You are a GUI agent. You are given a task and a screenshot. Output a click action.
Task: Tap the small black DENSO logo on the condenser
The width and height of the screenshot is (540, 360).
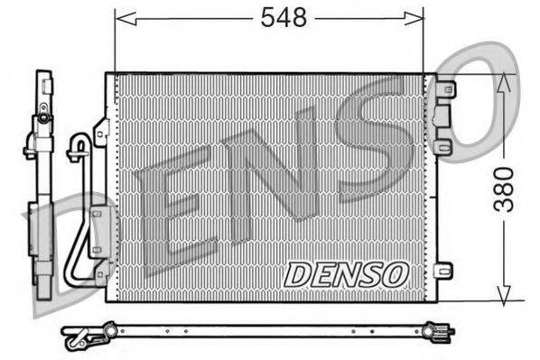tap(346, 273)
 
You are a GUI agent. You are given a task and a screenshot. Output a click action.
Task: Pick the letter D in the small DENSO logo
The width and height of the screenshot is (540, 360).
tap(299, 274)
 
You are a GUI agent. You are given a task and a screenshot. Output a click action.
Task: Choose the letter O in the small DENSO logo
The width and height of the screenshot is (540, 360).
tap(394, 273)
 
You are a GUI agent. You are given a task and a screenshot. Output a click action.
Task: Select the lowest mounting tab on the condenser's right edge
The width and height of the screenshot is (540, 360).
tap(442, 270)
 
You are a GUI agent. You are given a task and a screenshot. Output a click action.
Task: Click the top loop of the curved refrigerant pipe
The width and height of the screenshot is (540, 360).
tap(79, 142)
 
